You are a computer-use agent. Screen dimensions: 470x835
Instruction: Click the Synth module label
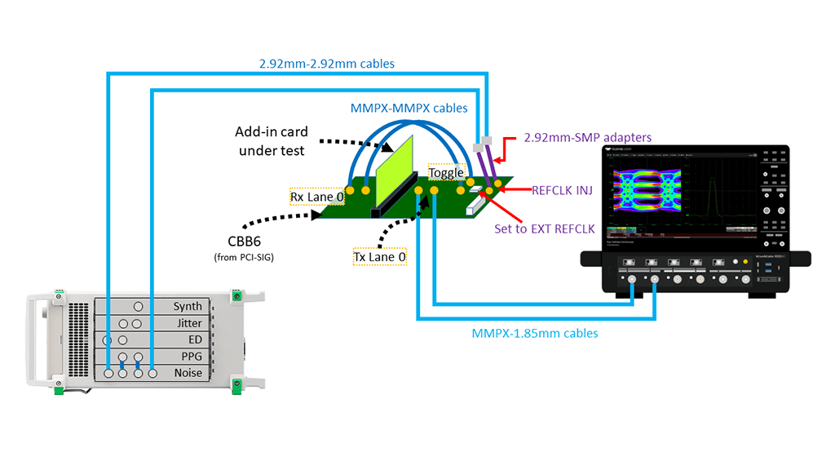[187, 307]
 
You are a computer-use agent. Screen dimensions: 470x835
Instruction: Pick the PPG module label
[191, 356]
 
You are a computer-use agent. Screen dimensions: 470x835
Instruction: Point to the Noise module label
[188, 373]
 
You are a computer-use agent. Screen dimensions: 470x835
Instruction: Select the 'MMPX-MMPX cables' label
[409, 108]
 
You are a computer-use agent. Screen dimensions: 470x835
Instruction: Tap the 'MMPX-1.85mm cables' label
[535, 333]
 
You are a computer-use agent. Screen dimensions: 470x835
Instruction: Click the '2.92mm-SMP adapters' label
[587, 138]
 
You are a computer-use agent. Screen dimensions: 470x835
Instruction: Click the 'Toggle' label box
[446, 173]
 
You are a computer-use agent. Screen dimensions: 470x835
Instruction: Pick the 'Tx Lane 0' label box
[379, 256]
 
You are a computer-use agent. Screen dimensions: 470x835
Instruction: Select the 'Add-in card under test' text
[271, 140]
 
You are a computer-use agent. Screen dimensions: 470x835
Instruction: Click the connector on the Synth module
[139, 307]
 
